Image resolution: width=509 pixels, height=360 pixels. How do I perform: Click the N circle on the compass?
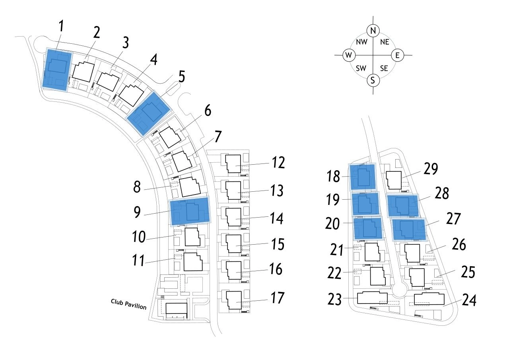click(x=373, y=30)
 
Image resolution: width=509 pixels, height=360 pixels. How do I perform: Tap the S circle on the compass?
click(x=373, y=80)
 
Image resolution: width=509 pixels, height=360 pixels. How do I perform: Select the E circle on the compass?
click(x=398, y=55)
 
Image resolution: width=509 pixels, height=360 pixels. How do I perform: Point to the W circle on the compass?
click(x=349, y=55)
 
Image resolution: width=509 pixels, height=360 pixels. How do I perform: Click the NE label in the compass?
click(x=385, y=42)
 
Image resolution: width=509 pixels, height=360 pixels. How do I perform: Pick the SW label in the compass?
click(x=361, y=68)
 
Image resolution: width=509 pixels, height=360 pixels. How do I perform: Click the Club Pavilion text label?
click(x=128, y=304)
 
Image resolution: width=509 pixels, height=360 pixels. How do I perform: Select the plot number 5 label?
click(x=182, y=76)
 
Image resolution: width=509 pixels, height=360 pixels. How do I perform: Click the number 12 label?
click(x=278, y=162)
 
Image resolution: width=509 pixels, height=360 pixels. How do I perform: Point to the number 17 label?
click(x=278, y=298)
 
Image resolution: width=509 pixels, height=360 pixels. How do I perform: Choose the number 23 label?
click(x=335, y=299)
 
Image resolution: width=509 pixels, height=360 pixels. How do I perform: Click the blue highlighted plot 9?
click(x=190, y=211)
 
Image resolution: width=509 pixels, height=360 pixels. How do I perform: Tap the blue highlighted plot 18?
click(x=362, y=176)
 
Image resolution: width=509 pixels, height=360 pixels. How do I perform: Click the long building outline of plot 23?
click(x=372, y=298)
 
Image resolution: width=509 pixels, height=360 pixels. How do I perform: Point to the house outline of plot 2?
click(x=83, y=72)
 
